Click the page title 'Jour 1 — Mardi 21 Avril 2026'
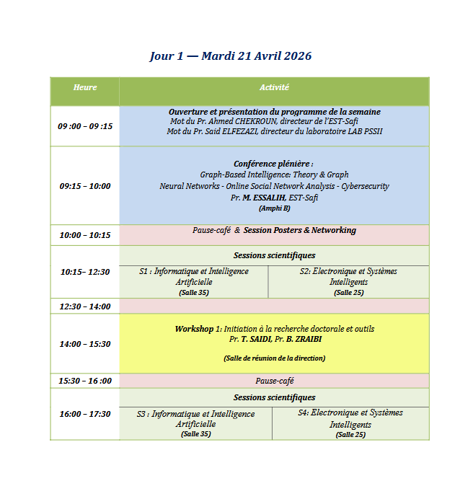pyautogui.click(x=231, y=56)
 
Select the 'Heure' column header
pyautogui.click(x=85, y=87)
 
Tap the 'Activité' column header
pyautogui.click(x=274, y=87)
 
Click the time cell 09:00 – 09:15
pyautogui.click(x=85, y=126)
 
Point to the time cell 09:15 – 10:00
pyautogui.click(x=85, y=186)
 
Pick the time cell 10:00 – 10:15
pyautogui.click(x=85, y=235)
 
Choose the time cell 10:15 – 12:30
pyautogui.click(x=85, y=272)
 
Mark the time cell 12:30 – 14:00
pyautogui.click(x=85, y=306)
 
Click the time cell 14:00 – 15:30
pyautogui.click(x=85, y=344)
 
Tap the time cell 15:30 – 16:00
pyautogui.click(x=85, y=381)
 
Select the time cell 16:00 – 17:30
pyautogui.click(x=85, y=414)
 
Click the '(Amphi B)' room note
pyautogui.click(x=274, y=208)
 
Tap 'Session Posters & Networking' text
pyautogui.click(x=300, y=231)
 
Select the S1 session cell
pyautogui.click(x=194, y=281)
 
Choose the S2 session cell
pyautogui.click(x=348, y=281)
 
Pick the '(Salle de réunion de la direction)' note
pyautogui.click(x=274, y=358)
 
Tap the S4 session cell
pyautogui.click(x=350, y=423)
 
